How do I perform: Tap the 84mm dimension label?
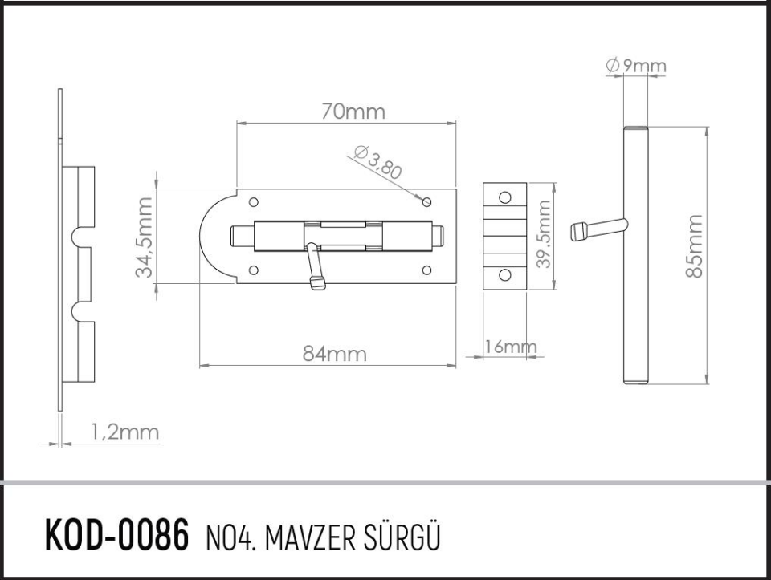click(335, 354)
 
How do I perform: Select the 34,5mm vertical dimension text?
click(145, 237)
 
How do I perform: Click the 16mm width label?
click(510, 347)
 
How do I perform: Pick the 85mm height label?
click(694, 246)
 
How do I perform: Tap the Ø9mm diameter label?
click(636, 66)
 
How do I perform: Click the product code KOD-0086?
click(116, 534)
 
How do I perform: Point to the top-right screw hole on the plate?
click(427, 201)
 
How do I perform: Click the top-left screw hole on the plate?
click(255, 202)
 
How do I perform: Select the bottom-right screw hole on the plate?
click(426, 270)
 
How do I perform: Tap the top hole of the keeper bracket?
click(504, 197)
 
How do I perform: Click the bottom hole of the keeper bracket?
click(504, 275)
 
